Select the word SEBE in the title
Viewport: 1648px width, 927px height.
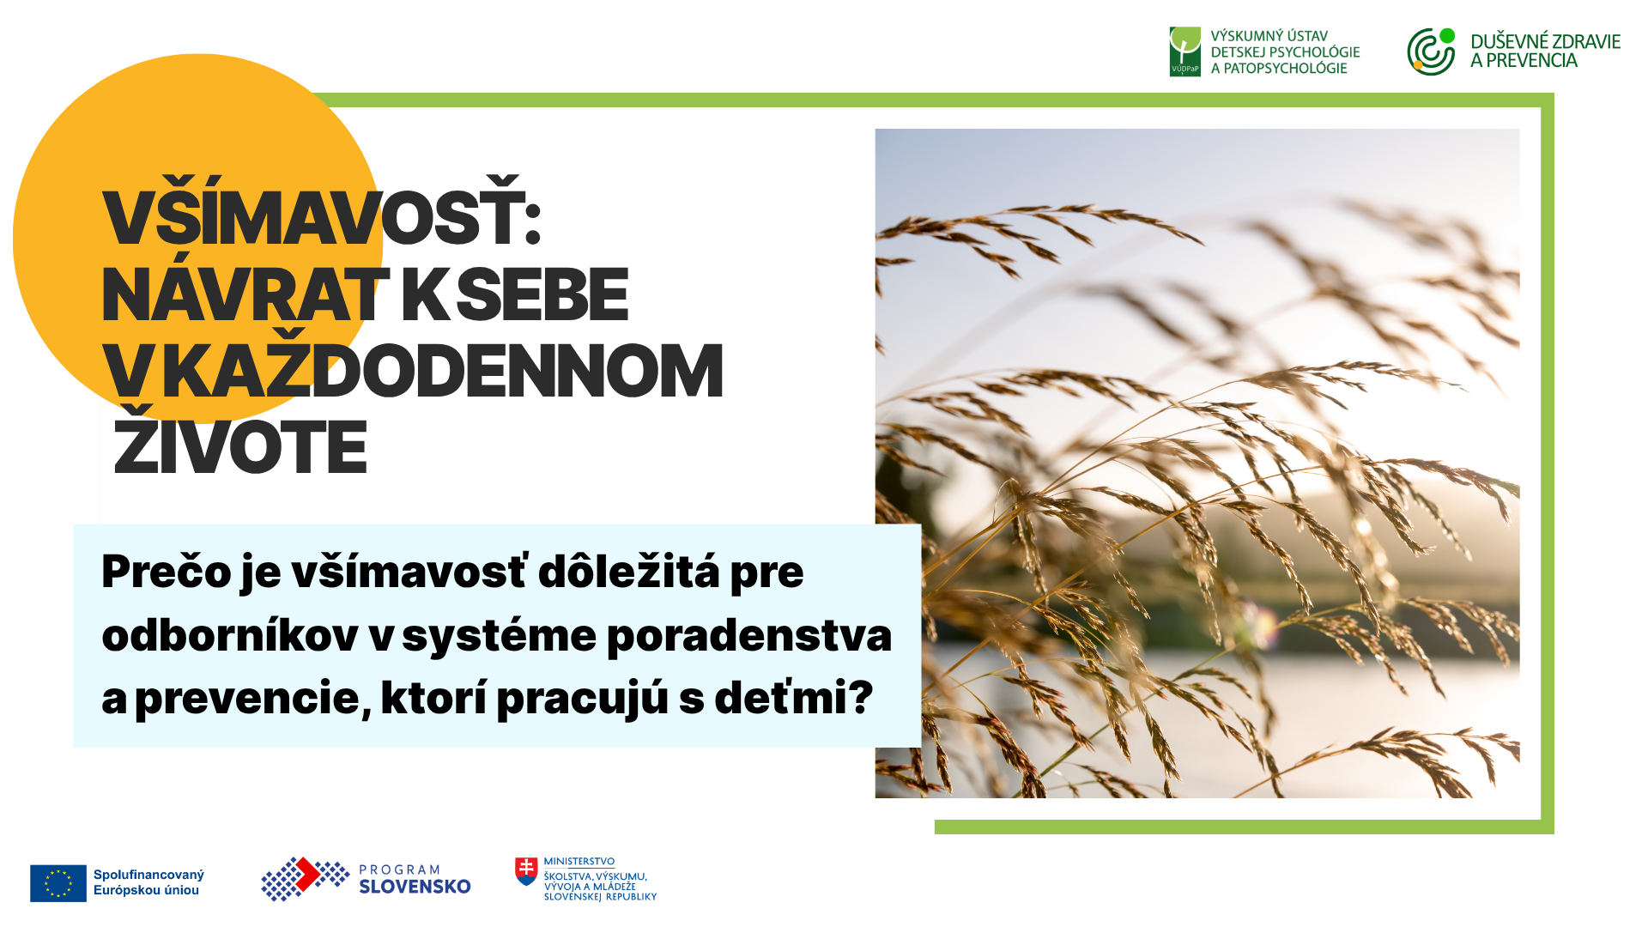point(542,294)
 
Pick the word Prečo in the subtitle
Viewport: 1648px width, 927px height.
point(167,572)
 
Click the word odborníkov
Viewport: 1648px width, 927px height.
point(230,635)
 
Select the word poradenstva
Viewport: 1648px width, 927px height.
point(749,636)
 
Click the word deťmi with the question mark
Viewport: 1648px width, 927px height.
point(794,697)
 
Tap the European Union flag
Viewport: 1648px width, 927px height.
point(58,883)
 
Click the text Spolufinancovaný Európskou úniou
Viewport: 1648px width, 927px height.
point(148,882)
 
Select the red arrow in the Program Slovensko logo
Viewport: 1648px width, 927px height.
point(306,875)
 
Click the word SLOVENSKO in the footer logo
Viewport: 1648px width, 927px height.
point(415,887)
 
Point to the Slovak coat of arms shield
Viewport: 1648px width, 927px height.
point(526,871)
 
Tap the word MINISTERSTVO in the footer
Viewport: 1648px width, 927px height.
point(579,862)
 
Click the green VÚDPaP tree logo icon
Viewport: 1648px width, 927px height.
point(1185,51)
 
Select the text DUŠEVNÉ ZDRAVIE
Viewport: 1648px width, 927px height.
point(1545,41)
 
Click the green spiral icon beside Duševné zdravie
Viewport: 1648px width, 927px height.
point(1431,51)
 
